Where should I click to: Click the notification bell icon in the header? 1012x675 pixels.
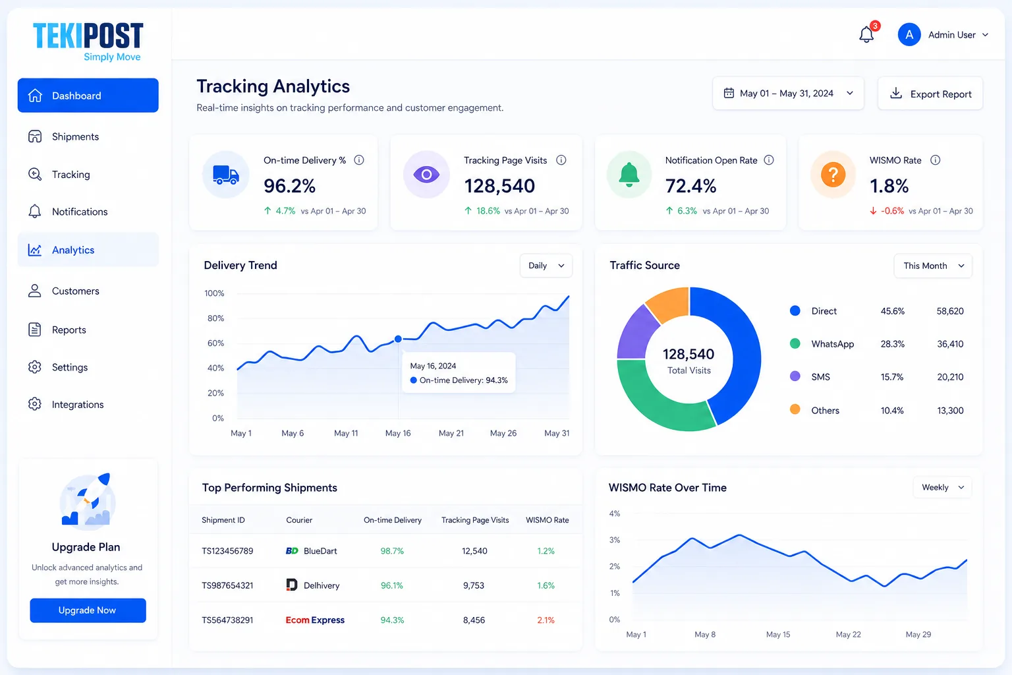[x=866, y=34]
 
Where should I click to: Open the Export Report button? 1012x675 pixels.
[x=930, y=94]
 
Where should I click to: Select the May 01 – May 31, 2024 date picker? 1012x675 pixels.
[x=788, y=94]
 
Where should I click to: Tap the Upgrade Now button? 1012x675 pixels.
[x=88, y=610]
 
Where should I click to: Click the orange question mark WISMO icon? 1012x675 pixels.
[x=833, y=175]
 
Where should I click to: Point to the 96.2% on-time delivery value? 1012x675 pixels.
[x=290, y=186]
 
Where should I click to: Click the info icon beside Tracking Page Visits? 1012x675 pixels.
[x=561, y=160]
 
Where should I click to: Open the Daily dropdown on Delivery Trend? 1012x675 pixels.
[x=546, y=266]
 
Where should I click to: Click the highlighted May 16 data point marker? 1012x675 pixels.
[x=398, y=339]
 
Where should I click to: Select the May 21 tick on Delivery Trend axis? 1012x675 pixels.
[x=451, y=433]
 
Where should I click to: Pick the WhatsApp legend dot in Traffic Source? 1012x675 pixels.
[x=795, y=343]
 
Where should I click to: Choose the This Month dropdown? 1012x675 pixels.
[x=933, y=266]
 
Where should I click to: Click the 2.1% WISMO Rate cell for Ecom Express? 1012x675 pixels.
[x=546, y=620]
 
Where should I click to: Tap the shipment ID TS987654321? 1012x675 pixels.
[x=227, y=585]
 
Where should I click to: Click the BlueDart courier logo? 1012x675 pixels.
[x=292, y=550]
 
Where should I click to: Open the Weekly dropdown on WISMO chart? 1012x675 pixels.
[x=942, y=487]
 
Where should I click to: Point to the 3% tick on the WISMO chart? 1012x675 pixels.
[x=615, y=540]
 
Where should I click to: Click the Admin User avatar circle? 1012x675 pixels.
[x=909, y=34]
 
